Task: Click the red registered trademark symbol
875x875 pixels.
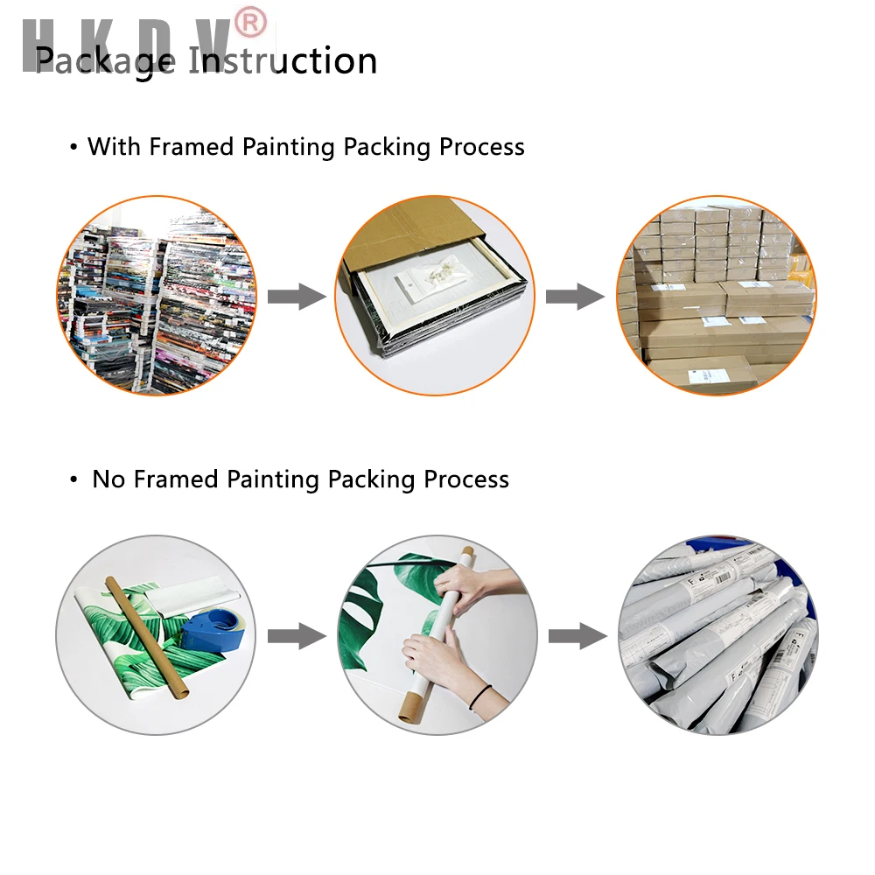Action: pyautogui.click(x=250, y=24)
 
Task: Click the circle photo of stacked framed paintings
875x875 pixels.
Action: pyautogui.click(x=157, y=295)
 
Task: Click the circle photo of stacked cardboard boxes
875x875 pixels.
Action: pyautogui.click(x=716, y=295)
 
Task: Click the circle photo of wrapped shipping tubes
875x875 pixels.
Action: pyautogui.click(x=717, y=634)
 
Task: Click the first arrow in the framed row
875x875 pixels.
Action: pyautogui.click(x=297, y=297)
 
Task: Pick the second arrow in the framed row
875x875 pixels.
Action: pyautogui.click(x=575, y=297)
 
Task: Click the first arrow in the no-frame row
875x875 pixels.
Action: pyautogui.click(x=297, y=636)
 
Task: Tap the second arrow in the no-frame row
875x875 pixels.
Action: pyautogui.click(x=577, y=636)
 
